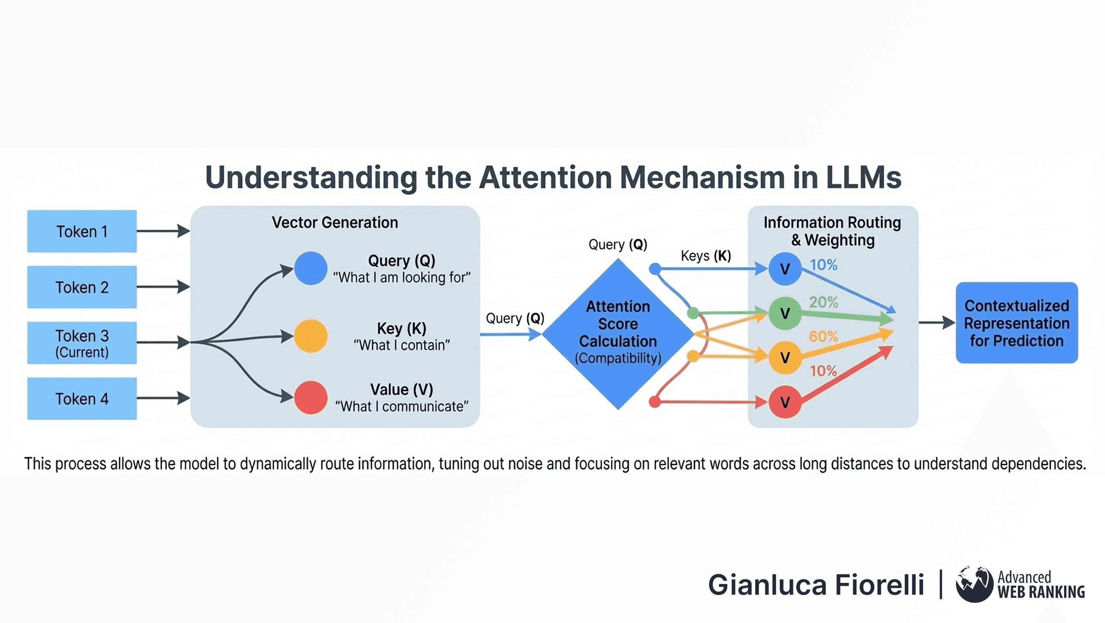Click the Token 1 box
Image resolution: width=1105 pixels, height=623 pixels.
[x=82, y=231]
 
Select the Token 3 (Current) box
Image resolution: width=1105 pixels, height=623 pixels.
[x=82, y=343]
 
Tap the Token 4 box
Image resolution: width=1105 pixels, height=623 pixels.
[x=82, y=398]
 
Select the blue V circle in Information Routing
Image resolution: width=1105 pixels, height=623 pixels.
[x=785, y=269]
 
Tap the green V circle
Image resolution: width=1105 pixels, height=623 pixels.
[x=785, y=313]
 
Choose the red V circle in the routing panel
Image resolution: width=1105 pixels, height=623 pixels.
[x=785, y=402]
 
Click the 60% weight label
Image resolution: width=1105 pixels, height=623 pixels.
[x=823, y=336]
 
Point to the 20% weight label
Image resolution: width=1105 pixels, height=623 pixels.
[x=823, y=302]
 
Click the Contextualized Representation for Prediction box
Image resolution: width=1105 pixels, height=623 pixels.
[x=1017, y=323]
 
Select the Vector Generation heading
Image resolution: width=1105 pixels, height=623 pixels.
[x=335, y=222]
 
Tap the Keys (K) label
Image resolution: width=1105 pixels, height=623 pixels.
[x=705, y=256]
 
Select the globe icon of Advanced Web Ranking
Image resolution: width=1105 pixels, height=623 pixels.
[x=974, y=584]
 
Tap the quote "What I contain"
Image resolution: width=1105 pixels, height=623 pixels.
[x=402, y=345]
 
